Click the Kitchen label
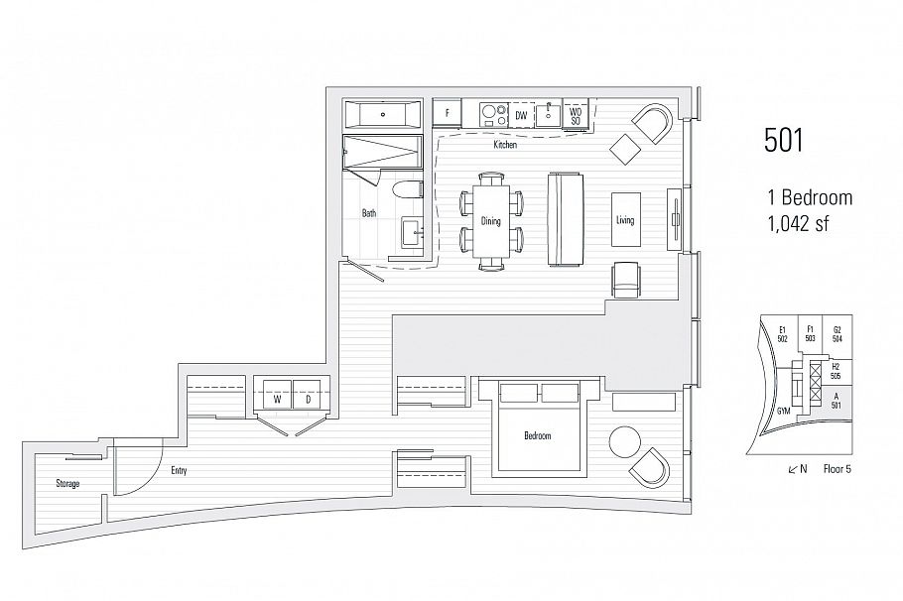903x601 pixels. click(505, 146)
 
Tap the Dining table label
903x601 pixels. click(491, 221)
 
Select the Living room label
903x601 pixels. click(625, 220)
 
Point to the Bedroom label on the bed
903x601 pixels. click(537, 435)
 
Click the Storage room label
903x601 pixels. click(67, 483)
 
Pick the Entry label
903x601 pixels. click(179, 471)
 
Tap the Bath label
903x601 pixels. click(369, 212)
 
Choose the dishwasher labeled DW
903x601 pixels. click(521, 116)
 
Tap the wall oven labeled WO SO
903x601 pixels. click(576, 115)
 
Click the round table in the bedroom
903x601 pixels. click(625, 442)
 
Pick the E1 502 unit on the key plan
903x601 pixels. click(783, 333)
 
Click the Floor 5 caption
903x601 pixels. click(838, 468)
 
